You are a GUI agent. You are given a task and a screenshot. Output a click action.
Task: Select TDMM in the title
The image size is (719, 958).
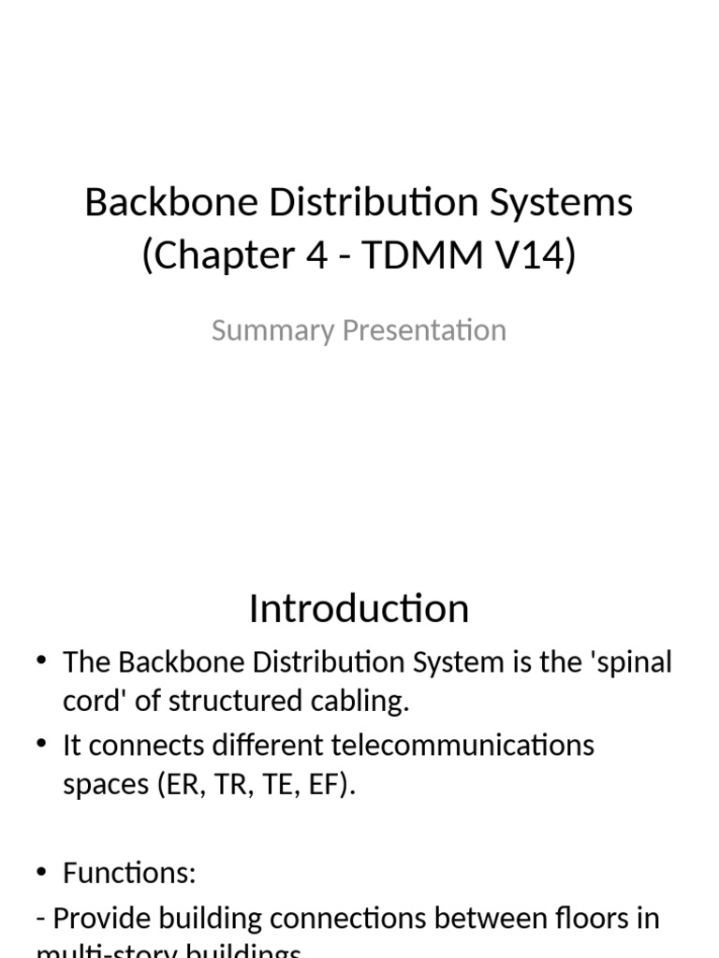click(409, 254)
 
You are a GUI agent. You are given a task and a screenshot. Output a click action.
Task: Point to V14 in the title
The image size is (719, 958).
click(532, 254)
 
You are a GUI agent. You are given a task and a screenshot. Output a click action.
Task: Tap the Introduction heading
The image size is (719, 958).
click(359, 609)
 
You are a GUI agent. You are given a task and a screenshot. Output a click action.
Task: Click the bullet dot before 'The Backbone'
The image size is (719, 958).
click(42, 661)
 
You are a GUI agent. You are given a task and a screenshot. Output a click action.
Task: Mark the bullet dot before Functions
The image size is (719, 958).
click(42, 872)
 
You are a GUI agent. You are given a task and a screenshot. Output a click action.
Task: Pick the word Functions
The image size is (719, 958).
click(128, 874)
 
